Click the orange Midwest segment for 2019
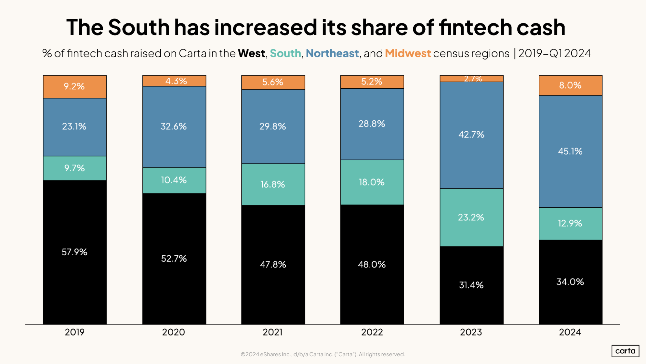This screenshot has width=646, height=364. (x=75, y=87)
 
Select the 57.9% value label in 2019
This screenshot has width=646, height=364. (x=75, y=252)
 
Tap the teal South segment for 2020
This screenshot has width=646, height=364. (x=174, y=180)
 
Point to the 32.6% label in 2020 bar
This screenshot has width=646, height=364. (x=174, y=127)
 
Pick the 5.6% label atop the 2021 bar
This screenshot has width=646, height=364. (x=273, y=82)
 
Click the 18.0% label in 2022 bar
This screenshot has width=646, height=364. (x=372, y=182)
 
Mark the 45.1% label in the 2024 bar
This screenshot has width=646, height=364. (x=570, y=151)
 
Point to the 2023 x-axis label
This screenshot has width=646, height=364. (x=471, y=332)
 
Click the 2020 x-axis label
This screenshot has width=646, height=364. (x=174, y=332)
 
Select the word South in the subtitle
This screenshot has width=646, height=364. (x=285, y=53)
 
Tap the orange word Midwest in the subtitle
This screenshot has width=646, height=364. (x=408, y=53)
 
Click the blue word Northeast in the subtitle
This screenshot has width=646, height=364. (x=332, y=53)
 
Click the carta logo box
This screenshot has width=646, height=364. (x=625, y=351)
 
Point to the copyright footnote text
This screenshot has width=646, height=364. (x=323, y=354)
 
